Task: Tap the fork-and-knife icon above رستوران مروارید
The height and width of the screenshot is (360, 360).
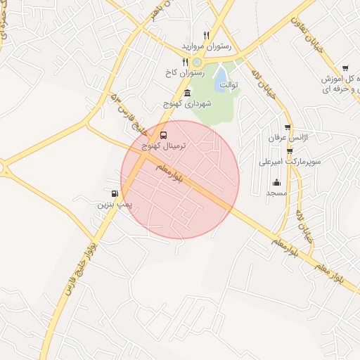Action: [x=206, y=34]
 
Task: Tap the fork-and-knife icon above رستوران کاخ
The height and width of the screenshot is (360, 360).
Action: [x=186, y=61]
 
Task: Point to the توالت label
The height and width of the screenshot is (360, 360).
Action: [x=229, y=85]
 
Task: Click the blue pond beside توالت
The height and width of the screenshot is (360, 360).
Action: [x=220, y=75]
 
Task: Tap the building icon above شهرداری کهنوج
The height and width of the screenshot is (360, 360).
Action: [x=186, y=93]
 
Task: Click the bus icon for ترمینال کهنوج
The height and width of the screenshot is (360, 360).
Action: [x=164, y=134]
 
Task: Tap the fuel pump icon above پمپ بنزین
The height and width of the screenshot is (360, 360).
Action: [x=114, y=193]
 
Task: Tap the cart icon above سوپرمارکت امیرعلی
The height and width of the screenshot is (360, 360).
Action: [x=290, y=150]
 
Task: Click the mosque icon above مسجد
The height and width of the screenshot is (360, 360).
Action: [x=276, y=183]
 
